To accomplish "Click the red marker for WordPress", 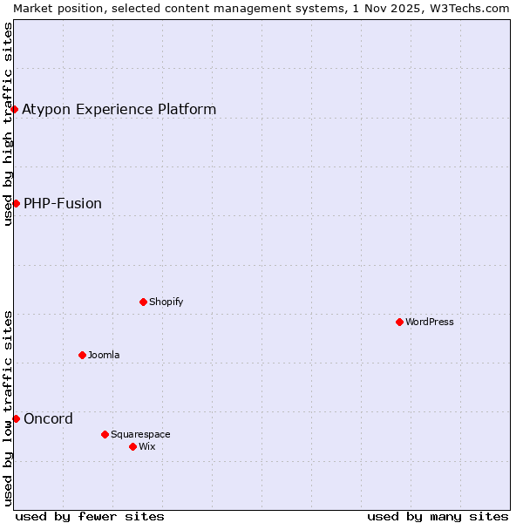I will [399, 322].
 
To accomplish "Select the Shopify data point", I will [143, 302].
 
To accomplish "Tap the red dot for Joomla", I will [82, 355].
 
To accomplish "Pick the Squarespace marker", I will [105, 434].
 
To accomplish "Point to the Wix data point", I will [132, 446].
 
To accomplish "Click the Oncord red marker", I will [16, 418].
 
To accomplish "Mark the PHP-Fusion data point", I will [16, 203].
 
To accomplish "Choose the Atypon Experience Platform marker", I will [15, 109].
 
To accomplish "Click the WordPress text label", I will [430, 322].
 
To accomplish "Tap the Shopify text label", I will [166, 302].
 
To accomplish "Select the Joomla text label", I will [104, 355].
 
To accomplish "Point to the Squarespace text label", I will [140, 434].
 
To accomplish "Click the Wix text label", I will [146, 446].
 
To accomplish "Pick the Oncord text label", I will [48, 418].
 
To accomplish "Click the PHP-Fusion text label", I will [63, 203].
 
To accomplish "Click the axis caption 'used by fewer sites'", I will [90, 516].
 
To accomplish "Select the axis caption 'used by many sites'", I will [438, 516].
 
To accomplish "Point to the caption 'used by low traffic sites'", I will [8, 408].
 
